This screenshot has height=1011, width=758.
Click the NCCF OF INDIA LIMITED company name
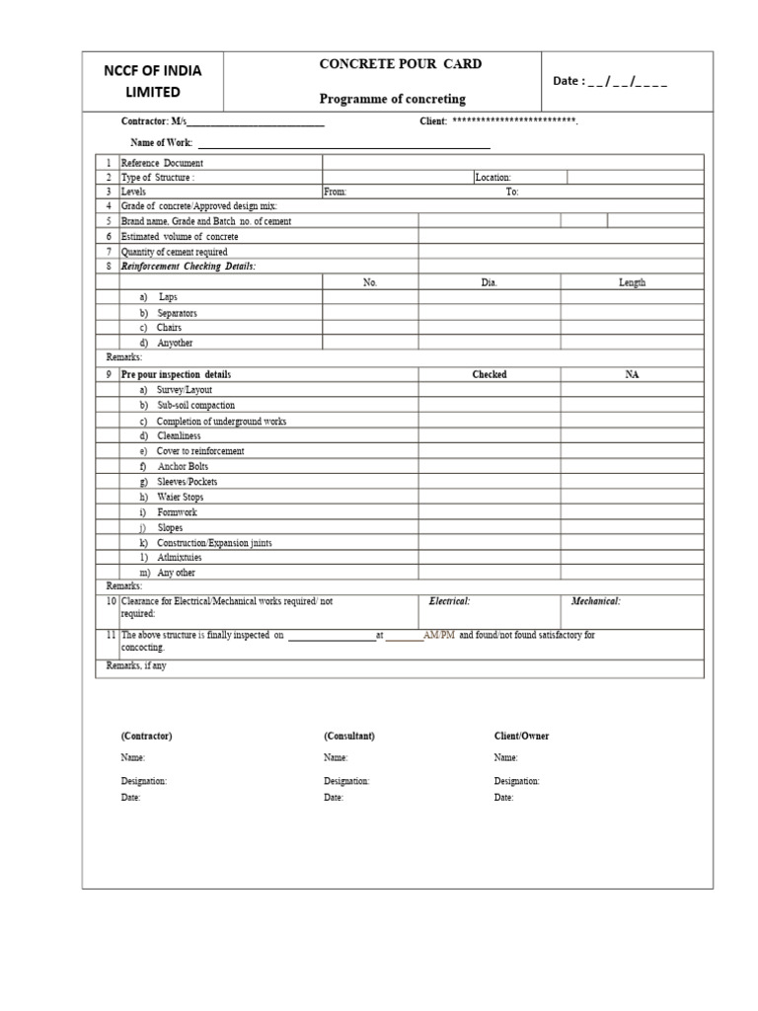[153, 81]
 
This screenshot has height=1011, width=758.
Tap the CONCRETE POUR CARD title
[387, 64]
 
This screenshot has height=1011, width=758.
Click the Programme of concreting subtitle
[392, 99]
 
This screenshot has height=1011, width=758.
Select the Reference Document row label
[162, 163]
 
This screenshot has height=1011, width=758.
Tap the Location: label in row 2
[493, 178]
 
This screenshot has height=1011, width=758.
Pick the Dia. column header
[490, 282]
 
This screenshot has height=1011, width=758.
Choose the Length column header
[632, 282]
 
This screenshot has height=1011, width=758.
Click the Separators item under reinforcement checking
[177, 313]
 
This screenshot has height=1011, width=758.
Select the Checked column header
[490, 375]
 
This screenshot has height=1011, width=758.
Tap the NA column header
[632, 375]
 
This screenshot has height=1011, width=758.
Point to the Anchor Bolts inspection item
[183, 466]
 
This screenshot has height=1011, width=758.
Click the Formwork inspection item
[177, 512]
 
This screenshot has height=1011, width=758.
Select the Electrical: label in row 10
[449, 601]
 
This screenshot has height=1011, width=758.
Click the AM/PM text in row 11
[439, 635]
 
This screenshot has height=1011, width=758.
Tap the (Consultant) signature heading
[349, 737]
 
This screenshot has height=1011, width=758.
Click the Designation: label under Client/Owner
[517, 781]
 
